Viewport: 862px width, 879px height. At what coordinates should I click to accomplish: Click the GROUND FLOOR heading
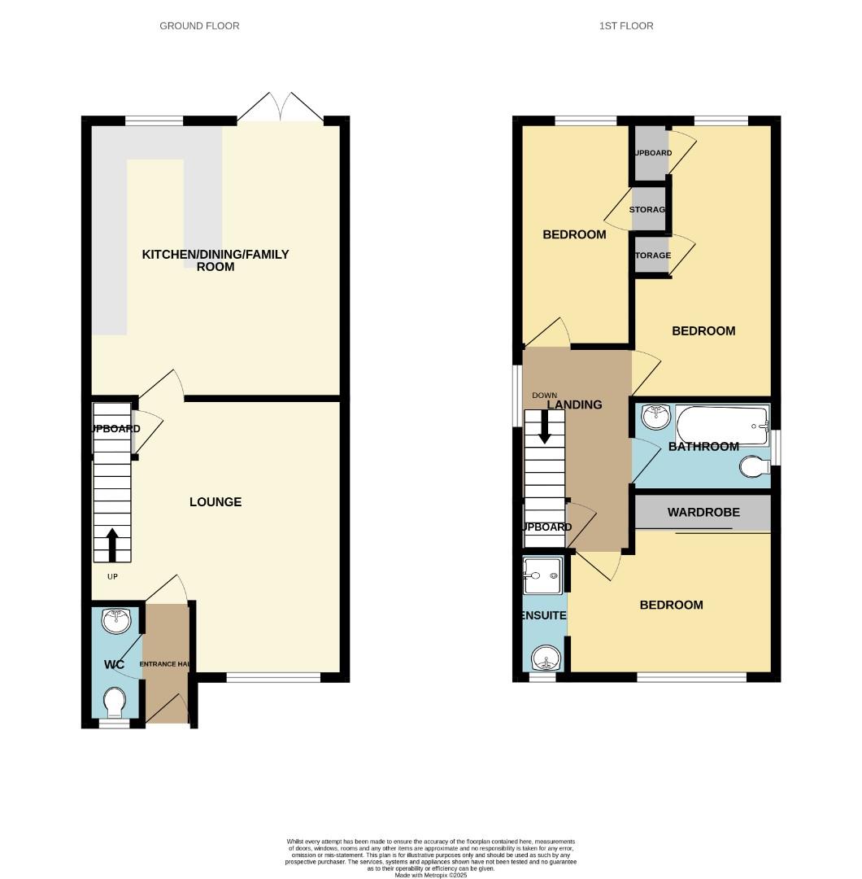click(x=199, y=26)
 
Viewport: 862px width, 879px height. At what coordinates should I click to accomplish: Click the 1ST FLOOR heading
click(x=626, y=26)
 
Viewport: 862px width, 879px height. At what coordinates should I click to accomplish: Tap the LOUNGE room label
click(x=215, y=502)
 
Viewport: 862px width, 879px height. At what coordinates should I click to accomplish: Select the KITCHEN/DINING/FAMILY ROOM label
click(x=215, y=260)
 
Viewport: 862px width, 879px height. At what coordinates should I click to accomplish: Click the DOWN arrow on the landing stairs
click(x=545, y=426)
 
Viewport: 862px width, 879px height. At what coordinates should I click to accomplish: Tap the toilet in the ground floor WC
click(x=115, y=701)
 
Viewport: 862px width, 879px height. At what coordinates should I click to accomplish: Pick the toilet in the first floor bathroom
click(x=755, y=467)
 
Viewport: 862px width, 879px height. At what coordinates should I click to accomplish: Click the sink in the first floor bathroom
click(x=655, y=417)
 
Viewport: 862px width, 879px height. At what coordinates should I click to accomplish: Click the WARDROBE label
click(x=703, y=513)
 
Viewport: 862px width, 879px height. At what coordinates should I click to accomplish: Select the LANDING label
click(x=574, y=405)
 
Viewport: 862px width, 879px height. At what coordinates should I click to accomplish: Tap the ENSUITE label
click(x=543, y=616)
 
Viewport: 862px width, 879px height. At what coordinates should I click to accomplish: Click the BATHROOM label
click(x=703, y=447)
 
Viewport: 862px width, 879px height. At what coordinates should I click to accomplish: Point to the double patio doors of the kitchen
click(x=281, y=110)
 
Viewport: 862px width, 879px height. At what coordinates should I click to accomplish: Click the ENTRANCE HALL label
click(x=166, y=665)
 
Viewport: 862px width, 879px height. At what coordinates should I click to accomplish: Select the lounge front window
click(x=273, y=677)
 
